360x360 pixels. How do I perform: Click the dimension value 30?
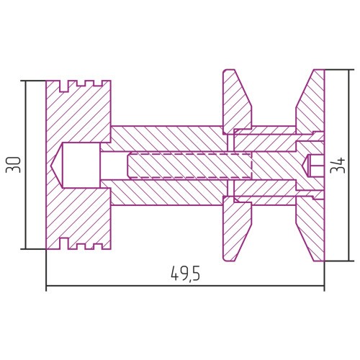click(x=14, y=165)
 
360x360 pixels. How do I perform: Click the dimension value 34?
click(x=338, y=165)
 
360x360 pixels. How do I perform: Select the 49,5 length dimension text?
click(x=185, y=274)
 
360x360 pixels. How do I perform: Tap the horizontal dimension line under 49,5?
click(x=185, y=286)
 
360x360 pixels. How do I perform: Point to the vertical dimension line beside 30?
click(x=26, y=165)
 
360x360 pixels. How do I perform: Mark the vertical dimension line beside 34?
click(x=349, y=165)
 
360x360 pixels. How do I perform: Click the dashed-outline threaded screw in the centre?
click(x=189, y=165)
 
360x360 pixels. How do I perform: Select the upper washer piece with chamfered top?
click(x=236, y=101)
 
